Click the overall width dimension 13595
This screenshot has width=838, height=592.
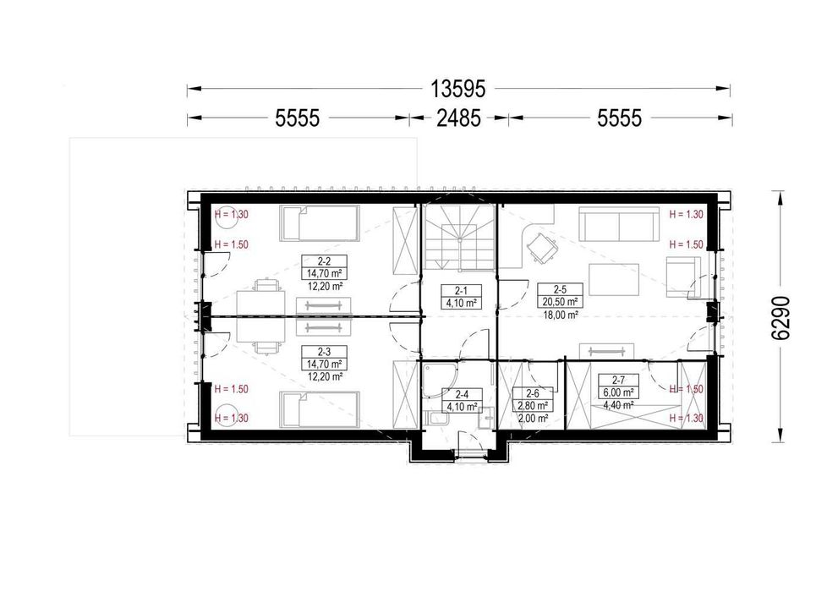[458, 89]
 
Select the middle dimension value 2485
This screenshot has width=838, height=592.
[458, 118]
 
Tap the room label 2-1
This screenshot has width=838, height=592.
[461, 291]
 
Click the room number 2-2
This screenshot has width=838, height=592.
[324, 262]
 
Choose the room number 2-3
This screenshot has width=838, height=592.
[324, 352]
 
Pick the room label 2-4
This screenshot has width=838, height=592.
[462, 395]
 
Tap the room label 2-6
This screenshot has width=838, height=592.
[532, 396]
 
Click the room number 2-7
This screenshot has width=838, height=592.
[618, 381]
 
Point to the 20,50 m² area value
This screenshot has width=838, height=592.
[560, 301]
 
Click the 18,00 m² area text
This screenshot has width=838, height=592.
[560, 315]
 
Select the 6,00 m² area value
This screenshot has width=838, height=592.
[619, 392]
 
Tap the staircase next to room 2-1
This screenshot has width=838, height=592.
[458, 238]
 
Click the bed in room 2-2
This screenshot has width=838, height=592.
[320, 223]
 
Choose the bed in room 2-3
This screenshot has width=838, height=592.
[320, 410]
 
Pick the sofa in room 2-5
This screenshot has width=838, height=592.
[618, 226]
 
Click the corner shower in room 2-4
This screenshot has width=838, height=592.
[437, 381]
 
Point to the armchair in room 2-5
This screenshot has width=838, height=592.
[683, 277]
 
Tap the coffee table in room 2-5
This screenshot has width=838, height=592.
[614, 279]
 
